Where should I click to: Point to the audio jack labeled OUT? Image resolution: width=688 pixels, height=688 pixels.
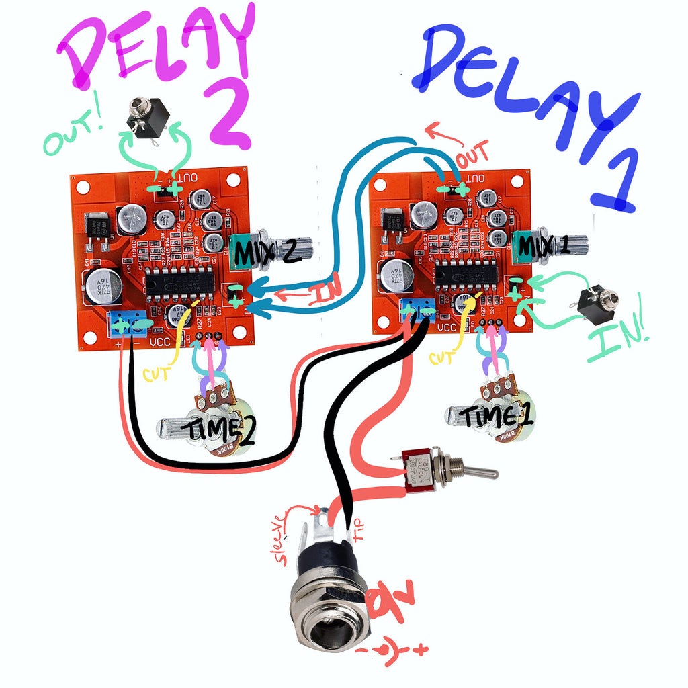pyautogui.click(x=147, y=119)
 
